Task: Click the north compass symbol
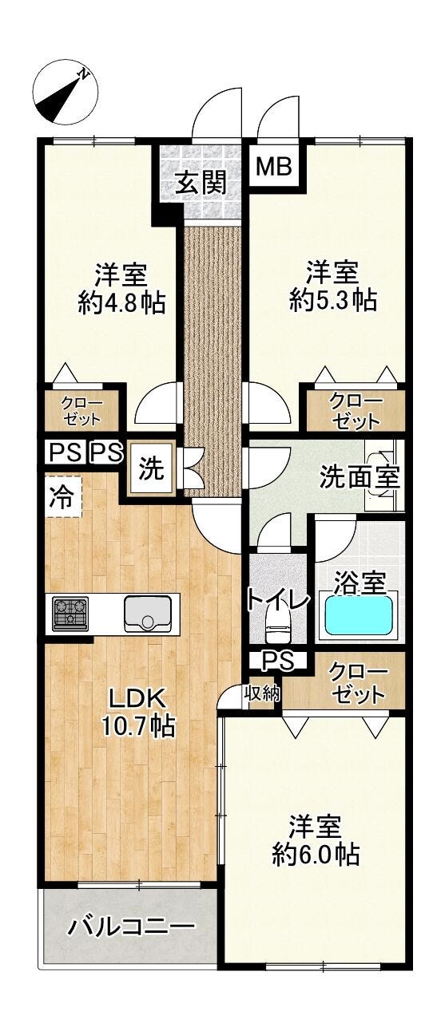pos(66,93)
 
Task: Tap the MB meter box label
pos(273,167)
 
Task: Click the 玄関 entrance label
pos(201,184)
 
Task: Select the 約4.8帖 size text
pos(121,302)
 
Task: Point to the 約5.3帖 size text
pos(333,299)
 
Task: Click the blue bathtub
pos(358,614)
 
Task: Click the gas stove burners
pos(70,614)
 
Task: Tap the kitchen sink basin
pos(148,613)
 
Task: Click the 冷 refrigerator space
pos(63,496)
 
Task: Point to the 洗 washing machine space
pos(151,468)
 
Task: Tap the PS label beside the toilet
pos(278,661)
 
